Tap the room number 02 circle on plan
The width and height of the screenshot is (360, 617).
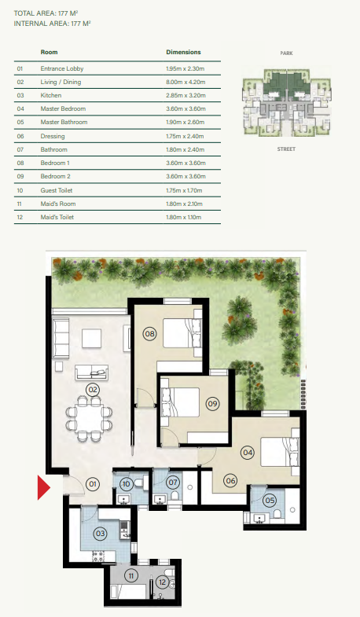pos(92,389)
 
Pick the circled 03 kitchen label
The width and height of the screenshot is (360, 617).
pos(100,533)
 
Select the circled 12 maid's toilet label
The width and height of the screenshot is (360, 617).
pos(162,582)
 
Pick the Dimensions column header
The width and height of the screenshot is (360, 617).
pos(183,52)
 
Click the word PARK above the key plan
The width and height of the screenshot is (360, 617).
pos(286,53)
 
